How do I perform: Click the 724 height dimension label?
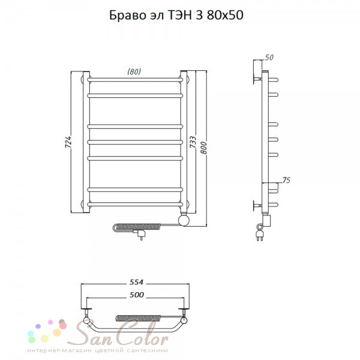pos(68,142)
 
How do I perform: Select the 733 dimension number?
pos(193,142)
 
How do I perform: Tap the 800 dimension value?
pos(203,148)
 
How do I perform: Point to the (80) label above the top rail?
pos(134,71)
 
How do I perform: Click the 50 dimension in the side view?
pos(269,57)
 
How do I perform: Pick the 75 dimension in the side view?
pos(286,180)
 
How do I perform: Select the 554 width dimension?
pos(136,282)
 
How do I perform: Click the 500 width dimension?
pos(137,295)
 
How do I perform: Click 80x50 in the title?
pos(225,16)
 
